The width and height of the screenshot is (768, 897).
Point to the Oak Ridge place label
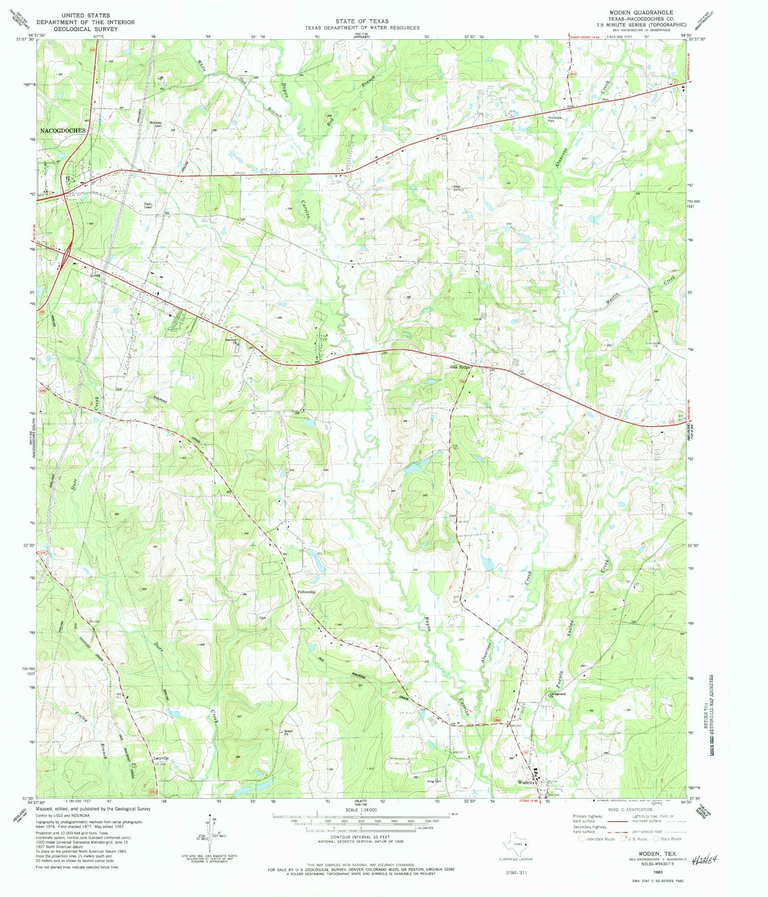[x=461, y=367]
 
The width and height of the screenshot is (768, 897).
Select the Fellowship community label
[x=307, y=591]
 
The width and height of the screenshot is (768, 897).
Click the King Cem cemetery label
[x=434, y=781]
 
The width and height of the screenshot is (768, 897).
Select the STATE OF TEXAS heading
[x=362, y=21]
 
